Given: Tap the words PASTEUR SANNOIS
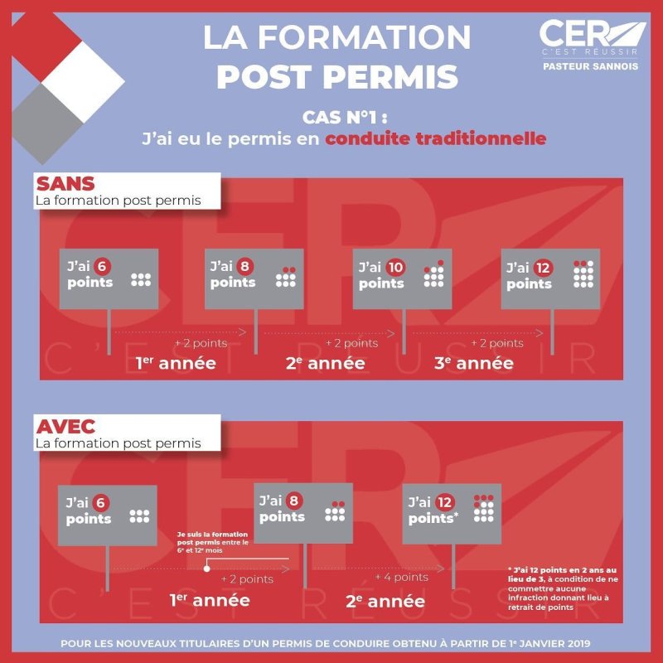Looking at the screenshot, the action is coord(590,66).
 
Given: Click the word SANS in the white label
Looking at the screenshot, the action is coord(65,184).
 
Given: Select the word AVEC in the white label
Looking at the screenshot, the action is coord(65,427).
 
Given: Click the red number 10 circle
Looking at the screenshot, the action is coord(395,267).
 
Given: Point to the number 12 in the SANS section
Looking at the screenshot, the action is coord(543,268).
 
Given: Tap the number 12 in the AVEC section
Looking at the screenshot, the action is coord(444,502).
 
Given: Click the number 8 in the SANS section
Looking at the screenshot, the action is coord(244,266).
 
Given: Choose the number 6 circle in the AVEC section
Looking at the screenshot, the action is coord(100,503).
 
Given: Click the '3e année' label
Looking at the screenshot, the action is coord(474,363).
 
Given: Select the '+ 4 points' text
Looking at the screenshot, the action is coord(402,577).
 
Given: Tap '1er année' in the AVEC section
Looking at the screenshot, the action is coord(210,600).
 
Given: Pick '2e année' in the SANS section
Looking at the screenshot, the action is coord(325,363).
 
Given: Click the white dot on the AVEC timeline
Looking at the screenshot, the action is coord(206,569).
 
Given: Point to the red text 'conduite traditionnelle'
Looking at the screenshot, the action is coord(436,138).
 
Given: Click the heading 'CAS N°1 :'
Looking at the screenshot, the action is coord(345,118).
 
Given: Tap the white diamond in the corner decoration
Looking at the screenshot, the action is coord(83,82).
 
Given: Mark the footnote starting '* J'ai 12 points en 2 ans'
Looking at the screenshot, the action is coord(563,588).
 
